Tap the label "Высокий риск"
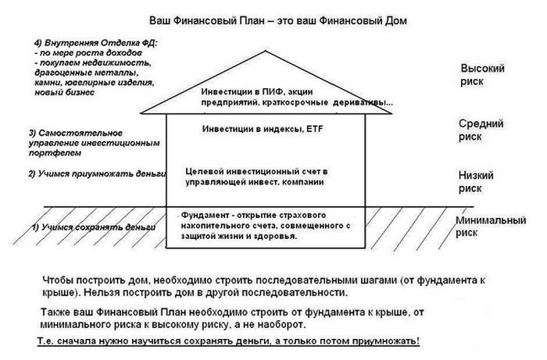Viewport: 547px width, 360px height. click(x=483, y=77)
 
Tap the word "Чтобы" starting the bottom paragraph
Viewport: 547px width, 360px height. click(x=56, y=280)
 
